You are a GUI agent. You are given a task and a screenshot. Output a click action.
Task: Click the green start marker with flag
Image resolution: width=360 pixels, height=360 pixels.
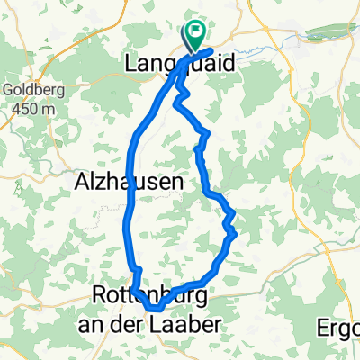[x=193, y=36]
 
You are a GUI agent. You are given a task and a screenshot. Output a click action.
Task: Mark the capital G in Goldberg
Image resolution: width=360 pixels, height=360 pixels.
[x=6, y=90]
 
